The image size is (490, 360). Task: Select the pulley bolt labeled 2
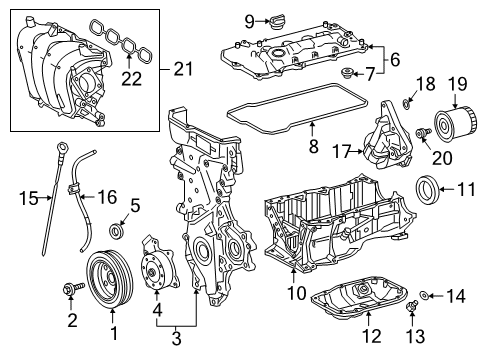coord(72,290)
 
